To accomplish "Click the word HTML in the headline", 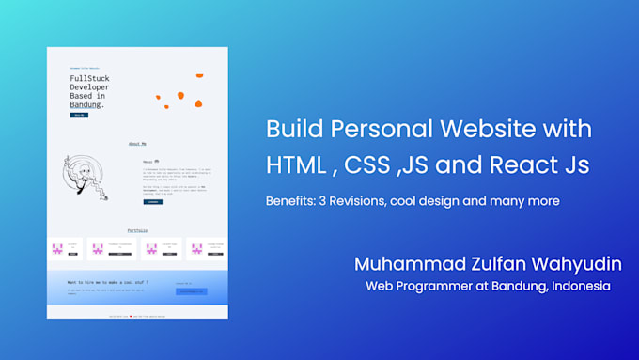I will click(290, 165).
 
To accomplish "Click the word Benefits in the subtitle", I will click(293, 201).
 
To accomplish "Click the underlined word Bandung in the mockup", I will click(86, 105).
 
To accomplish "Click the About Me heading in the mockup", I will click(137, 144).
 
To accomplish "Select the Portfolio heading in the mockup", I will click(137, 230).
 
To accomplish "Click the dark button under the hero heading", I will click(79, 116).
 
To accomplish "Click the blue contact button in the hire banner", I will click(190, 291).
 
